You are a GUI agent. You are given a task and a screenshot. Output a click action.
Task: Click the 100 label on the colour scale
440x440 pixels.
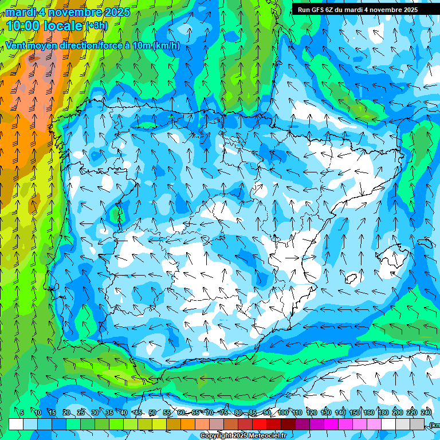click(283, 413)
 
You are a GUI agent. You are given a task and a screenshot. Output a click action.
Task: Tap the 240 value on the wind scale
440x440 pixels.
click(426, 413)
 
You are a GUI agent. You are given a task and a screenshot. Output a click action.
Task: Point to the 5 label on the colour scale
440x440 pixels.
click(22, 413)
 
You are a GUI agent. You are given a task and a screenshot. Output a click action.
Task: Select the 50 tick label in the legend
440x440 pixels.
click(152, 413)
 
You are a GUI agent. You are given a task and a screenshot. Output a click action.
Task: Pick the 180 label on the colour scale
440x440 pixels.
click(383, 413)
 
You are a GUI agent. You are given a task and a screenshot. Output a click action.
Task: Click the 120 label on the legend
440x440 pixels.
click(312, 413)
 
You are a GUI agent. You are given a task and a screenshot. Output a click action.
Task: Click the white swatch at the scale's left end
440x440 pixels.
click(16, 425)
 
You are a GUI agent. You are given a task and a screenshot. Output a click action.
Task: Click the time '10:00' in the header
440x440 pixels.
click(26, 26)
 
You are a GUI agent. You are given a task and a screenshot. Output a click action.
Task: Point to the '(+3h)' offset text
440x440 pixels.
click(96, 26)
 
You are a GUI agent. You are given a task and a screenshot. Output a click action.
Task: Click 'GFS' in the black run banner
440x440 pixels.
click(321, 10)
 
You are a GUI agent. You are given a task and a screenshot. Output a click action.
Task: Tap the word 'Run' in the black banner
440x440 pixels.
click(305, 10)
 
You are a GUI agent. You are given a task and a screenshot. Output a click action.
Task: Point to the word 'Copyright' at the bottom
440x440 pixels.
click(217, 436)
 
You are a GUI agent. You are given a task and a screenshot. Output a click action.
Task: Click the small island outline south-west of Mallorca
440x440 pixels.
click(352, 278)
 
